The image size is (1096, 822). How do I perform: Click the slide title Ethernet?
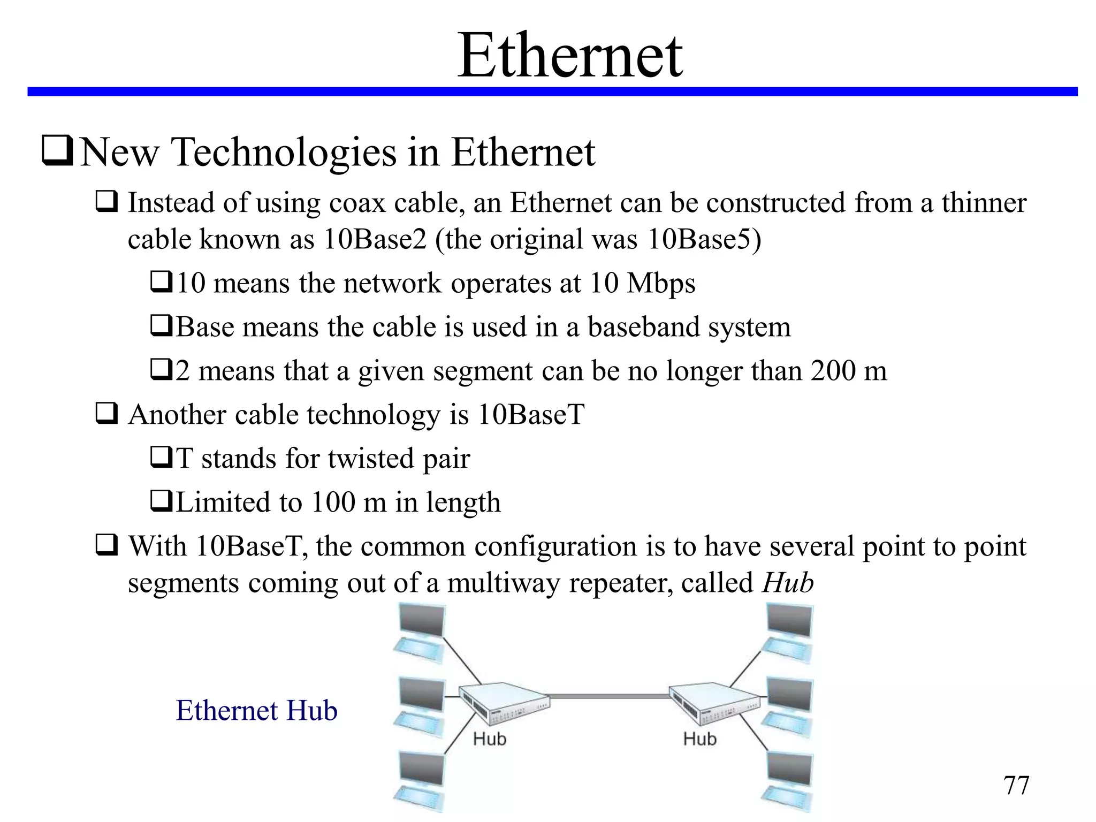(x=570, y=55)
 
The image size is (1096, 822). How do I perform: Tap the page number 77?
(x=1016, y=786)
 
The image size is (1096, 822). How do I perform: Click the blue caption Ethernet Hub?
(x=256, y=711)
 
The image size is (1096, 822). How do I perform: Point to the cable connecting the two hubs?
(x=610, y=696)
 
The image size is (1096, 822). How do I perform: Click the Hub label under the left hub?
(x=489, y=740)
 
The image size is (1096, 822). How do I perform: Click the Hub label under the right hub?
(x=699, y=740)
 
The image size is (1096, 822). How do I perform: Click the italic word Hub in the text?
(x=787, y=582)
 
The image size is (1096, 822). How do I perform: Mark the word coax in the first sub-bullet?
(x=357, y=203)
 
